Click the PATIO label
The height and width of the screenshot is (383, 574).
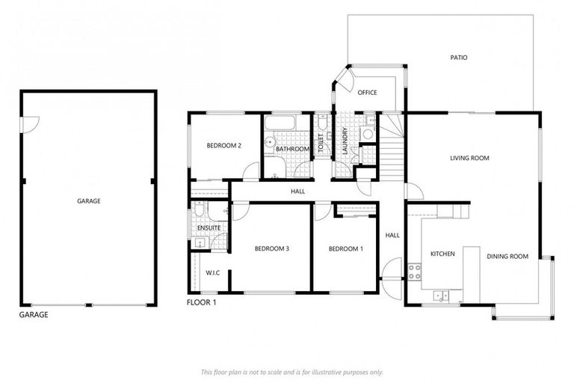click(459, 58)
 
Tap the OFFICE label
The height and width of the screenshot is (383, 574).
click(367, 93)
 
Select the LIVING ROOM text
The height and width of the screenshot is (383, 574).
click(469, 158)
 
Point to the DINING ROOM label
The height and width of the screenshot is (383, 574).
click(507, 257)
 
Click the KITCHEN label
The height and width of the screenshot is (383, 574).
click(442, 254)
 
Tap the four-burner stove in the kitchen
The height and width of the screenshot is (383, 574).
click(415, 271)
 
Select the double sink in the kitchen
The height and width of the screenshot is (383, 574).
click(441, 295)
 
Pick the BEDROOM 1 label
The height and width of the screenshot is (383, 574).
click(345, 248)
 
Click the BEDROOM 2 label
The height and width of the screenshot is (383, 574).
click(223, 145)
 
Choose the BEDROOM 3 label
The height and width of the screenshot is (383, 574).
click(271, 248)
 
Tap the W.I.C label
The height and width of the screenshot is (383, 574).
click(212, 273)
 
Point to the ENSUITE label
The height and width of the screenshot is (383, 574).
click(209, 227)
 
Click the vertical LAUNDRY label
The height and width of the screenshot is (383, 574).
click(345, 143)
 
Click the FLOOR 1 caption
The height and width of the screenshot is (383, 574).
click(201, 303)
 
